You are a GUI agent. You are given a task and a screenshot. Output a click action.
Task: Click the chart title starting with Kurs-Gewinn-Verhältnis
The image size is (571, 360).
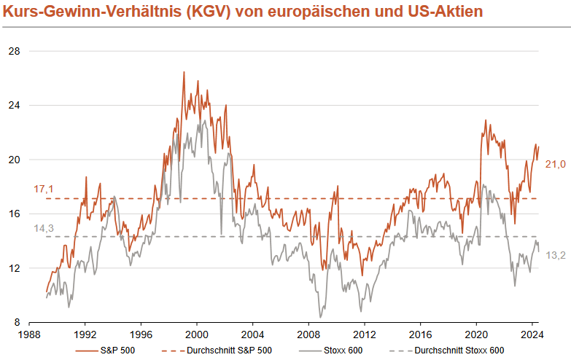click(x=241, y=12)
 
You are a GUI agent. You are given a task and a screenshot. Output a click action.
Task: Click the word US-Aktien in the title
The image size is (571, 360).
click(x=444, y=12)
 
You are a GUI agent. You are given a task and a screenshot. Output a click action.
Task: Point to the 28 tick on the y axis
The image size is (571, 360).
click(x=14, y=51)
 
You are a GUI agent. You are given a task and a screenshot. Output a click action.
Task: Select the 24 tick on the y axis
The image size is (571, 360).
click(x=14, y=105)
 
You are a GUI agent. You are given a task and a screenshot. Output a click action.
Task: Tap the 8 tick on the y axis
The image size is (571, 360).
click(x=16, y=322)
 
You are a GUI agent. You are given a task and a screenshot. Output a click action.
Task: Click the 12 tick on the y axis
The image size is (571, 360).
click(x=14, y=268)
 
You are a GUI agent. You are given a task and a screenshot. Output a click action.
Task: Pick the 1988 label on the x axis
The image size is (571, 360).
click(x=29, y=336)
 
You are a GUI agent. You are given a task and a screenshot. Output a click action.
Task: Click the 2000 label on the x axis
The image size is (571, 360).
click(x=197, y=336)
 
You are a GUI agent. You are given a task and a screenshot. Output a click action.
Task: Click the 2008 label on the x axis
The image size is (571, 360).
click(x=308, y=336)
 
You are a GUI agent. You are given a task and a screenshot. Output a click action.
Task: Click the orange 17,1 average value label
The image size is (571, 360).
click(x=44, y=189)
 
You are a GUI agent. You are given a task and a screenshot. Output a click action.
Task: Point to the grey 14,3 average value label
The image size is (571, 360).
click(x=44, y=228)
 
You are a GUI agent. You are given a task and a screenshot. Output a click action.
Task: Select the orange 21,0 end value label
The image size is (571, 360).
click(x=556, y=165)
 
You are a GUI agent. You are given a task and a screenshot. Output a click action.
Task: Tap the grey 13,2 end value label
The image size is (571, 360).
click(x=556, y=255)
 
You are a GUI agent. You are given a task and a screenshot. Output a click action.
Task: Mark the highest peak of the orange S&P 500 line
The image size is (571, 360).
click(x=184, y=72)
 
